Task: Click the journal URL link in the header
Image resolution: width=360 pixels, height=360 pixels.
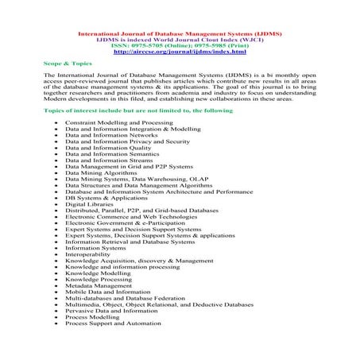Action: tap(180, 52)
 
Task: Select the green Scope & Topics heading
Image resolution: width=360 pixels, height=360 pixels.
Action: tap(62, 60)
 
